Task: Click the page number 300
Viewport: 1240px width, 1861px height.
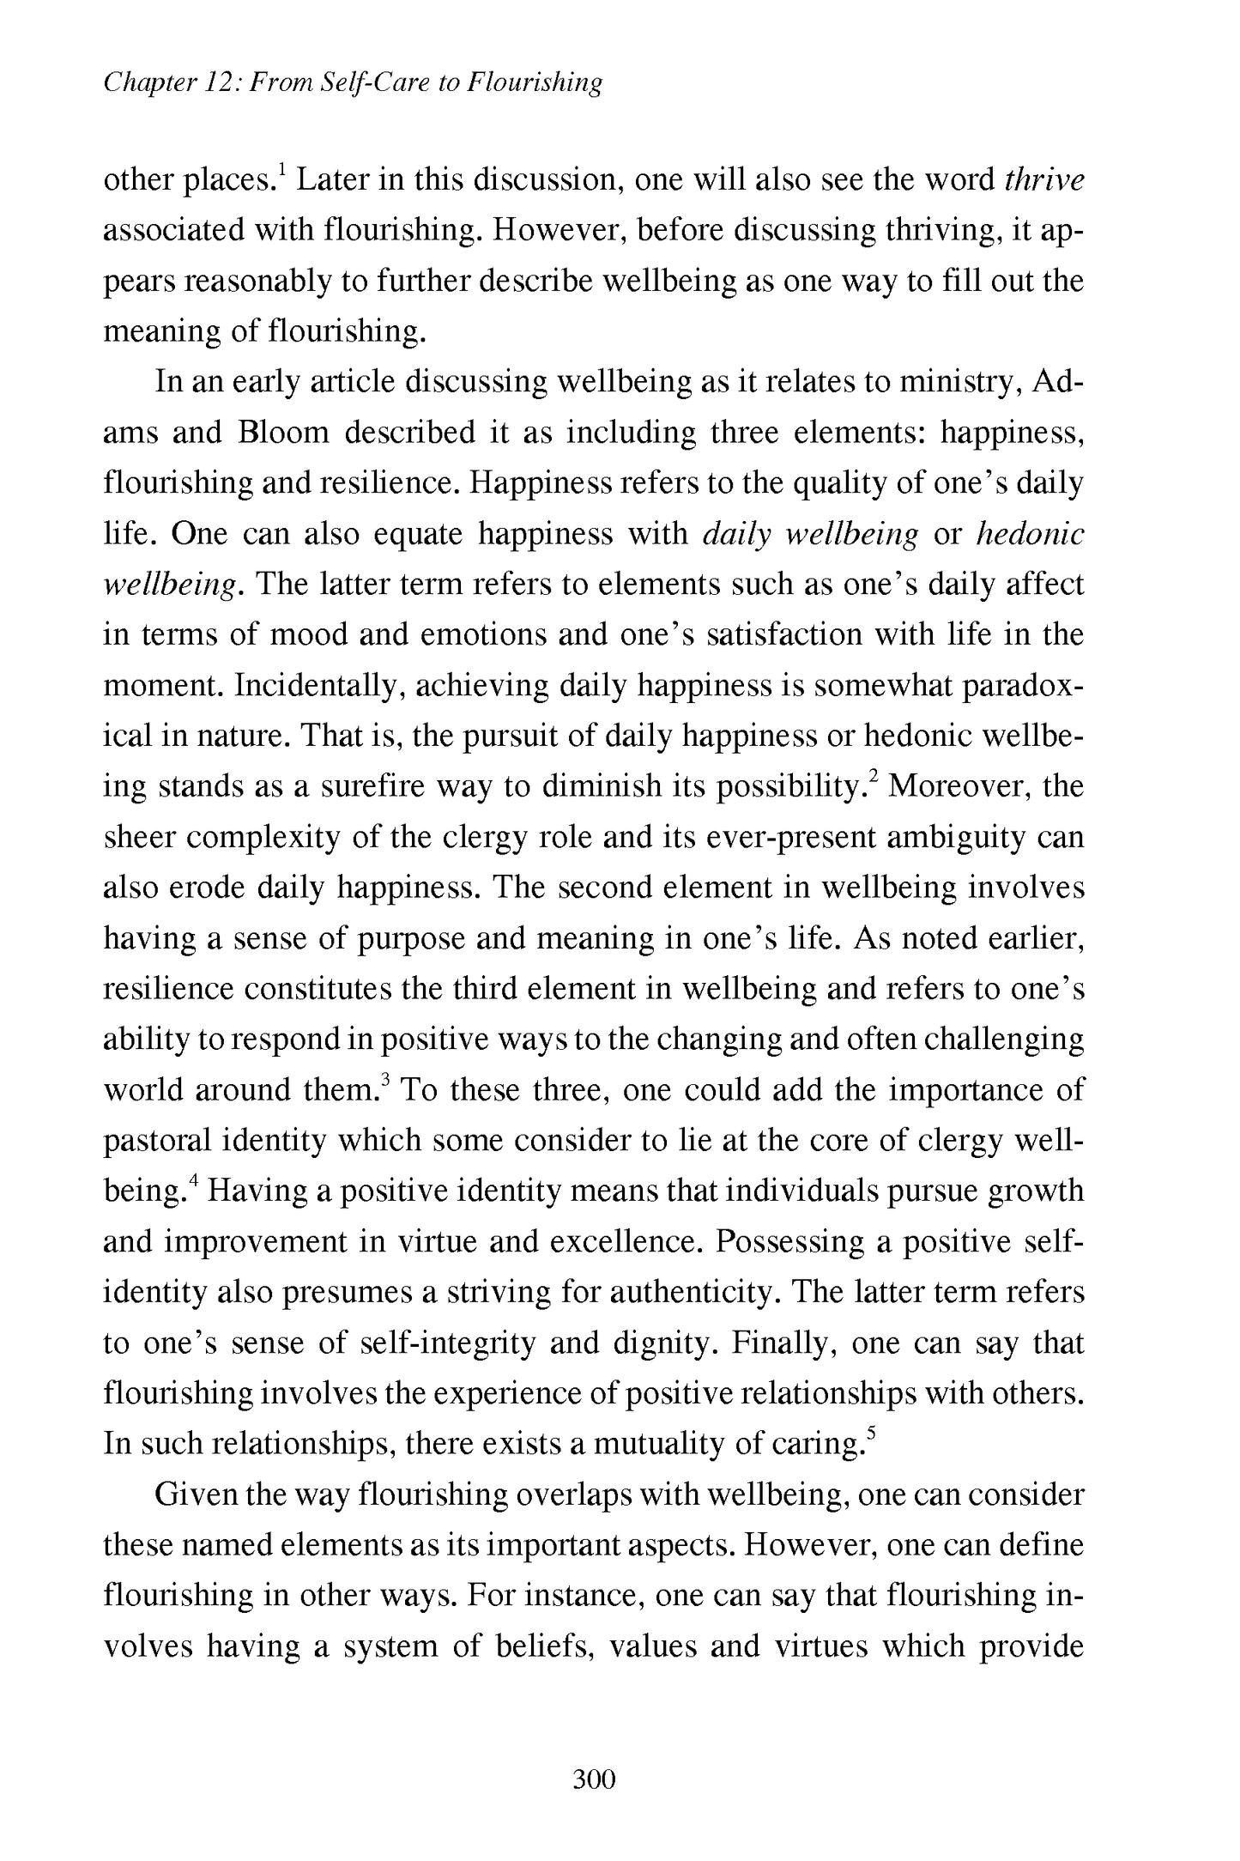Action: [594, 1779]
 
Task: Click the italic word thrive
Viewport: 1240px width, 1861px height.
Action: [1043, 180]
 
